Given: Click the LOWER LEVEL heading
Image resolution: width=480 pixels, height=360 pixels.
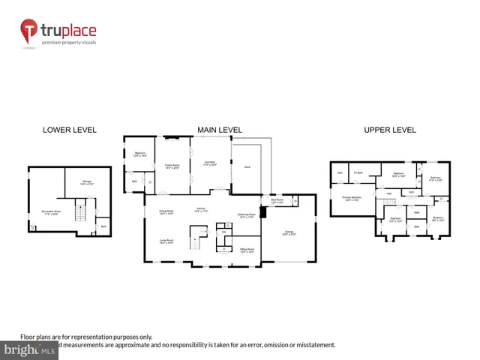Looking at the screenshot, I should [69, 130].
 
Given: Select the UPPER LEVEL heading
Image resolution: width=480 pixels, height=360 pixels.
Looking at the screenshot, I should [389, 130].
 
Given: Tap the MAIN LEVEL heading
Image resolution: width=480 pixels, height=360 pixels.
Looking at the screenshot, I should [219, 130].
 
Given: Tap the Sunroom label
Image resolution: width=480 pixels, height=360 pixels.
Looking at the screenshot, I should [209, 163].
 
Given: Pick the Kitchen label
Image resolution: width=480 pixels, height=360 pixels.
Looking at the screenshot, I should [201, 209].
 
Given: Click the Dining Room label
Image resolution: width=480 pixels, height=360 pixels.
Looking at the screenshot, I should [166, 212].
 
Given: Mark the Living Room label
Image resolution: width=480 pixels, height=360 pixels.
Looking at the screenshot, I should [166, 241].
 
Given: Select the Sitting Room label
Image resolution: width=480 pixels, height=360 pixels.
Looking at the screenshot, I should [247, 250].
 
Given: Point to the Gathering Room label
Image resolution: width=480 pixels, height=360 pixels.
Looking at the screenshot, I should [247, 216].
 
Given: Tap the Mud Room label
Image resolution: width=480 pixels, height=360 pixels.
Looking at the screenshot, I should [277, 201].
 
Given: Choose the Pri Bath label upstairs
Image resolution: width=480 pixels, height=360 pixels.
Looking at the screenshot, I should [358, 173].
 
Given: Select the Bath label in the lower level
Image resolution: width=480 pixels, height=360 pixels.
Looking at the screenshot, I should [103, 226].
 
